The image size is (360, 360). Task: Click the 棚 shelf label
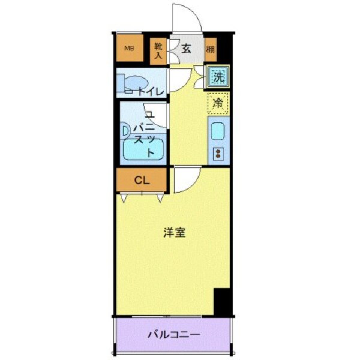click(x=211, y=50)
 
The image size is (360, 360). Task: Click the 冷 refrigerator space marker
click(x=218, y=103)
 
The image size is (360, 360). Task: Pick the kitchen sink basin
click(x=218, y=131)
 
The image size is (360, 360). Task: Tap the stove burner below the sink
click(x=218, y=153)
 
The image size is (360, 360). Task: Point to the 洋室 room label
click(x=175, y=233)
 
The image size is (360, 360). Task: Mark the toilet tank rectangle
click(x=121, y=83)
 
